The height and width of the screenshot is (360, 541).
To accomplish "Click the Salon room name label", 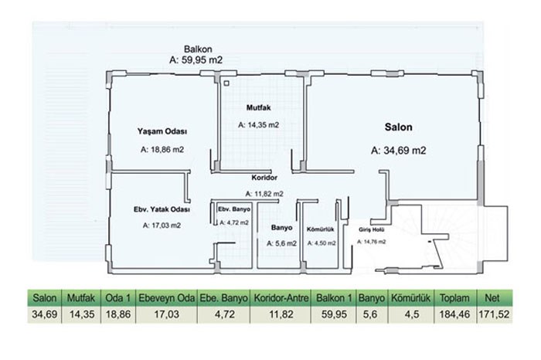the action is [x=398, y=127].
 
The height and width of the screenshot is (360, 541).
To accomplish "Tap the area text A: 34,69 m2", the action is [x=399, y=151].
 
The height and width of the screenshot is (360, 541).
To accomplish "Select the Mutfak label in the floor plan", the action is [x=258, y=107].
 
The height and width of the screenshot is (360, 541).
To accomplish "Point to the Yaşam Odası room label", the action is [x=162, y=131].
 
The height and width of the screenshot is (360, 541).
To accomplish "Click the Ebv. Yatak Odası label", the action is [x=162, y=209].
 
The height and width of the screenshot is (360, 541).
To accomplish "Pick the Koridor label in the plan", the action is [x=264, y=178].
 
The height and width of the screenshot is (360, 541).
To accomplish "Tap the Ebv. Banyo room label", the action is [x=234, y=209].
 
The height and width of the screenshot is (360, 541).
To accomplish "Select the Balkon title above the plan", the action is [x=198, y=49].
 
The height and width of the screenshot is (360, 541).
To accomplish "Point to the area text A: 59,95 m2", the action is [x=196, y=60].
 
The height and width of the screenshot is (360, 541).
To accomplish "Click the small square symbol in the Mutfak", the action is [x=226, y=83].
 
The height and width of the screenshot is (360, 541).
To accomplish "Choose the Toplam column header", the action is [x=454, y=298].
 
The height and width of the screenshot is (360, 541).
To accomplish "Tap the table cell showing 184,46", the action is [x=454, y=314].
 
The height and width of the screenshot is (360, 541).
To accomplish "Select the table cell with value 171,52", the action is [x=494, y=314].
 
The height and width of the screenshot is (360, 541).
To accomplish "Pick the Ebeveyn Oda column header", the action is [x=167, y=298].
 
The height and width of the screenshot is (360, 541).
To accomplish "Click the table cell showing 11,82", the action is [x=281, y=314].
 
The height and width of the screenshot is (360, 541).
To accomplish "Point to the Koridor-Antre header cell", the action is [x=281, y=298].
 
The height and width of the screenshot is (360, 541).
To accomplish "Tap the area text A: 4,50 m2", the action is [x=322, y=243].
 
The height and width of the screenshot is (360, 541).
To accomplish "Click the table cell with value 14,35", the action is [x=81, y=314].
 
